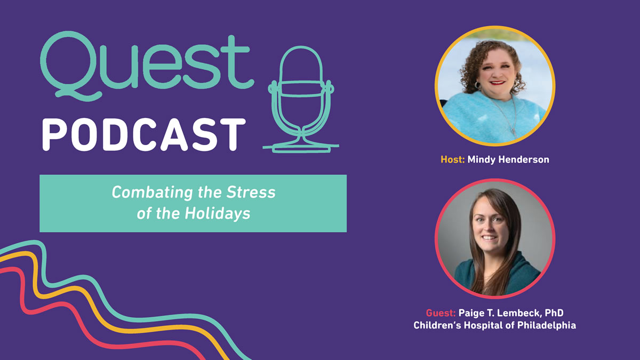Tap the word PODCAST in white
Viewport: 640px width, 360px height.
coord(143,134)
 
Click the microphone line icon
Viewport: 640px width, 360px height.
coord(301,99)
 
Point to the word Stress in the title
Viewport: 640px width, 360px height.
coord(251,192)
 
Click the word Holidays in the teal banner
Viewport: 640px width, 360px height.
coord(218,214)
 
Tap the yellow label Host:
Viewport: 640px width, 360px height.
coord(453,159)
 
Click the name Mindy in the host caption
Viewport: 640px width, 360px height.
coord(482,159)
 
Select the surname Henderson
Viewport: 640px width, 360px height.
coord(523,159)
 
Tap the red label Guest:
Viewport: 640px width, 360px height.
coord(441,313)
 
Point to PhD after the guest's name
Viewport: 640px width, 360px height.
coord(554,313)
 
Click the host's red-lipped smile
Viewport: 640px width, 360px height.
coord(498,83)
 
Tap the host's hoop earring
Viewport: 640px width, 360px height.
coord(477,85)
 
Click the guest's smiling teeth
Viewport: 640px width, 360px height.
coord(489,237)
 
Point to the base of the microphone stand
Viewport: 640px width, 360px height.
coord(301,147)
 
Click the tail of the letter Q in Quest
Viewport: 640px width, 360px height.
coord(78,93)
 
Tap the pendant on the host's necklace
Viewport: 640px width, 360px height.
coord(514,132)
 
